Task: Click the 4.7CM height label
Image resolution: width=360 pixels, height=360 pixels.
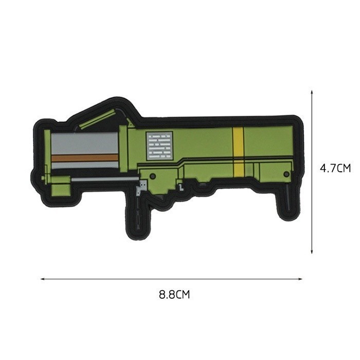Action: click(x=335, y=168)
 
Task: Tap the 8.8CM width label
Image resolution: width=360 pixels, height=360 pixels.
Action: click(x=174, y=295)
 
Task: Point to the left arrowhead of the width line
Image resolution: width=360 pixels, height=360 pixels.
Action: click(x=42, y=279)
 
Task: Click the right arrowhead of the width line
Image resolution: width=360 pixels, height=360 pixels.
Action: click(x=300, y=279)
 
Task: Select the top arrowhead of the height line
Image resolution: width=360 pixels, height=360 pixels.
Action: click(x=312, y=92)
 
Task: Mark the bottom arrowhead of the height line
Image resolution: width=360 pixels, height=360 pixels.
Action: click(x=312, y=252)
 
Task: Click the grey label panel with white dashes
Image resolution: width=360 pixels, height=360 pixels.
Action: click(x=159, y=146)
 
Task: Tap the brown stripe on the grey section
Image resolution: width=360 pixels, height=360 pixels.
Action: click(x=84, y=157)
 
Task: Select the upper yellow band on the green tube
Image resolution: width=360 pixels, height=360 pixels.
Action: click(x=238, y=141)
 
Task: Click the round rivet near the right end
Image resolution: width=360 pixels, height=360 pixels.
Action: click(x=286, y=174)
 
